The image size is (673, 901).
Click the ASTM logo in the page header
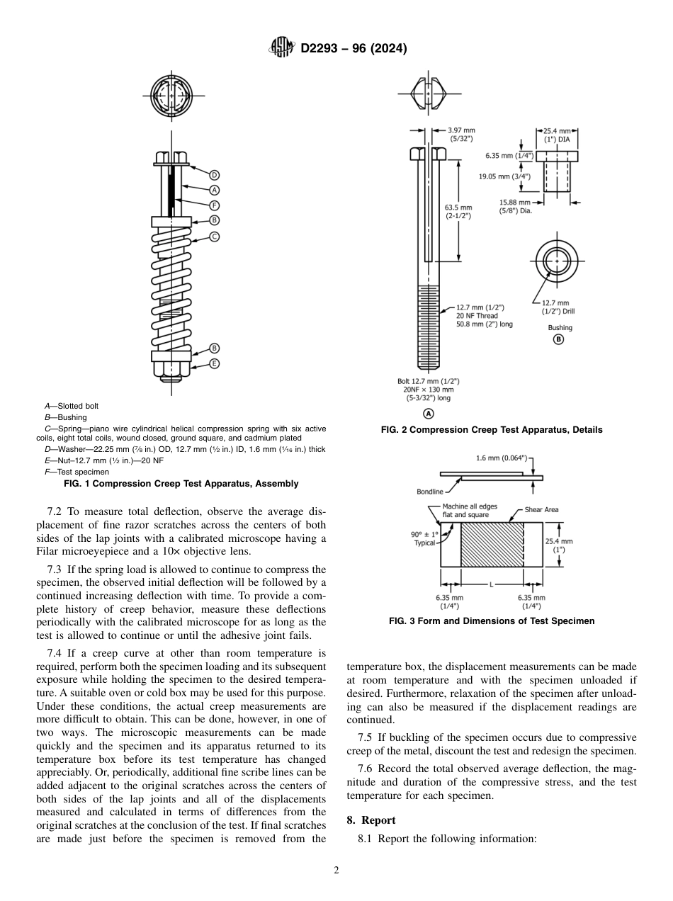[284, 48]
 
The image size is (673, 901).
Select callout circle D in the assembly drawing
[214, 175]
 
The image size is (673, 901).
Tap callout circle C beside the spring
[214, 237]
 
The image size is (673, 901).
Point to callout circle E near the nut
[214, 363]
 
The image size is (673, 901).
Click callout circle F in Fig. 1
[214, 205]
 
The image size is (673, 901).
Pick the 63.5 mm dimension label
[458, 212]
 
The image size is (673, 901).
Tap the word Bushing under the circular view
[560, 327]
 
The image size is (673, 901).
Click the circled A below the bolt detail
[428, 414]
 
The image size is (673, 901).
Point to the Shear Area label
[541, 510]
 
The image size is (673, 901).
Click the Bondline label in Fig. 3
[430, 491]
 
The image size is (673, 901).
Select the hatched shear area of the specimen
[492, 545]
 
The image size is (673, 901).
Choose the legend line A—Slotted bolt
[72, 406]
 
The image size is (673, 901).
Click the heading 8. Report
[371, 820]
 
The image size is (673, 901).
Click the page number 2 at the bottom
[336, 871]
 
